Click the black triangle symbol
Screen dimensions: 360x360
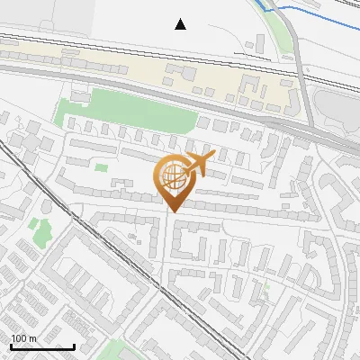click(x=181, y=24)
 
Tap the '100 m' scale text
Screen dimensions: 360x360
click(x=23, y=338)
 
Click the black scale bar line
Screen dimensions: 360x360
click(x=42, y=346)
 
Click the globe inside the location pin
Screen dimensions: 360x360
click(x=170, y=175)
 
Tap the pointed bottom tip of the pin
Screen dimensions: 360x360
click(x=171, y=211)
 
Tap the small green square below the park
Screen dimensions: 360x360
click(x=102, y=166)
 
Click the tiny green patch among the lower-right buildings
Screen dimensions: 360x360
click(x=265, y=289)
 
